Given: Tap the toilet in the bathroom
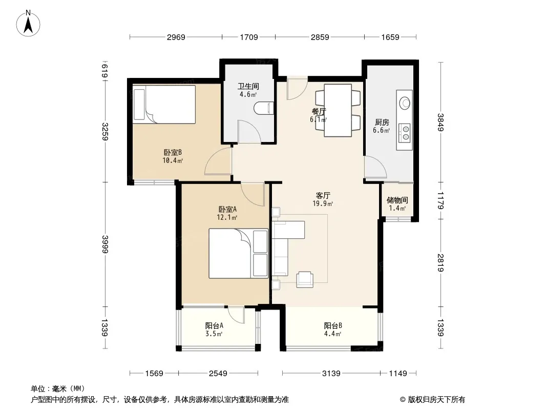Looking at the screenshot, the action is tap(264, 108).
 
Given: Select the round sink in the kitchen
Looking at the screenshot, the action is tap(404, 103).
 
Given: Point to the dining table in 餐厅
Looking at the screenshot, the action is tap(338, 110).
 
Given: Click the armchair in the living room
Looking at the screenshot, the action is tap(305, 279).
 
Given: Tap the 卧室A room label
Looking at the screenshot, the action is tap(227, 209).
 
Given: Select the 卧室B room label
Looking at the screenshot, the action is tap(173, 153).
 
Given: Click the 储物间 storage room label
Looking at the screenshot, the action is tap(397, 200).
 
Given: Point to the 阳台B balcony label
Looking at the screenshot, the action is tap(333, 326).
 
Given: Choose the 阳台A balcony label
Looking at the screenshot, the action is tap(214, 326).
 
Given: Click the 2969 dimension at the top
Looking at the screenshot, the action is tap(176, 37).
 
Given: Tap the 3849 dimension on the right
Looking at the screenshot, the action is tap(440, 122).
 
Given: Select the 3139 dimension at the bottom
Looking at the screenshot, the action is tap(331, 374).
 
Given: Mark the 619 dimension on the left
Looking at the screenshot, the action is tap(104, 71).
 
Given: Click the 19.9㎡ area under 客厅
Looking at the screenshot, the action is tap(323, 203).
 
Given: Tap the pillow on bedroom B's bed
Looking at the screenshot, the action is tap(139, 105).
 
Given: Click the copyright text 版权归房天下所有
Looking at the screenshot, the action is tap(436, 400).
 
